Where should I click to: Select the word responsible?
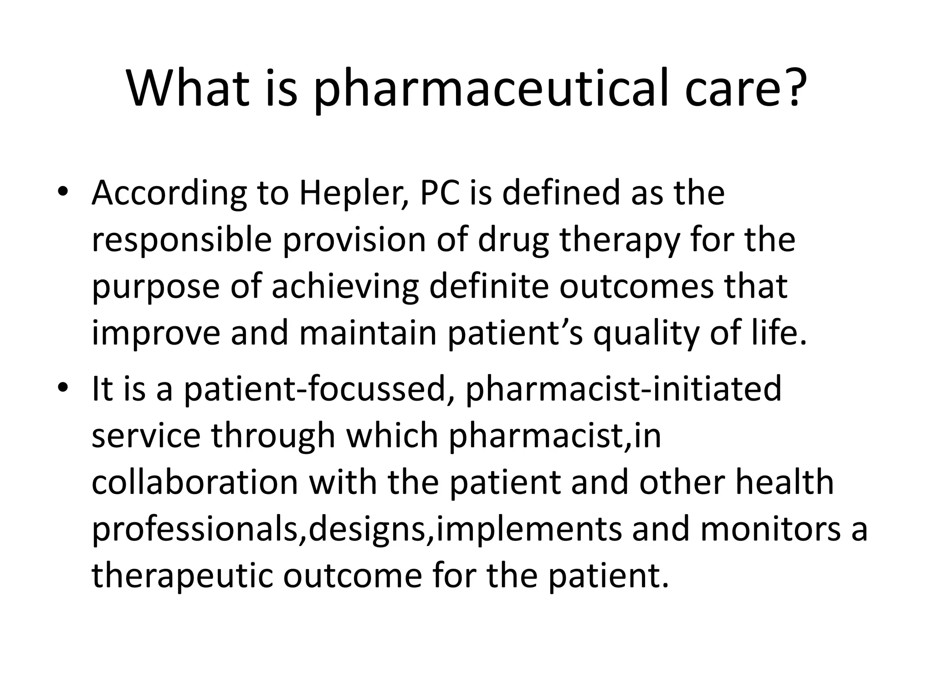pos(182,241)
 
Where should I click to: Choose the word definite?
pos(488,286)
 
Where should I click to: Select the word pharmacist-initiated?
pos(623,390)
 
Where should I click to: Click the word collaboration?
pos(195,483)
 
